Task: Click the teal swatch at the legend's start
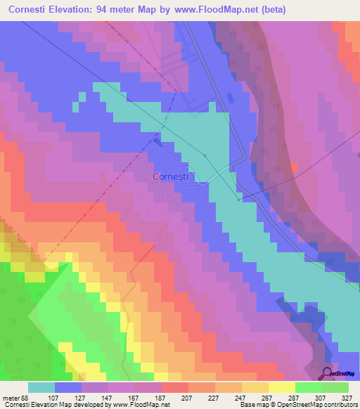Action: [41, 387]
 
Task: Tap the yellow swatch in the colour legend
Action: [281, 387]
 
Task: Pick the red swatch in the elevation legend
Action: [174, 387]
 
